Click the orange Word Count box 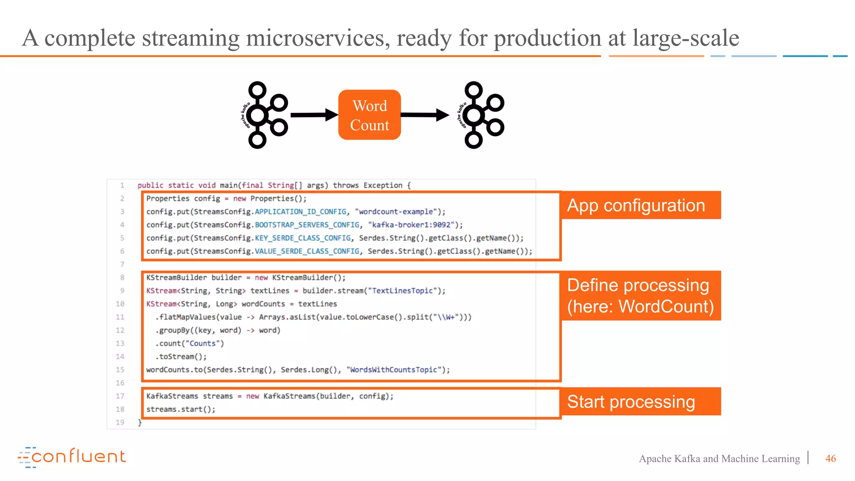(369, 115)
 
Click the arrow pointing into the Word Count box (314, 115)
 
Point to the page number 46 (830, 458)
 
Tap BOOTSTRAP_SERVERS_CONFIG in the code (307, 225)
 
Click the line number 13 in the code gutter (120, 343)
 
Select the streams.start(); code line (181, 409)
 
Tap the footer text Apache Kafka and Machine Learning (719, 458)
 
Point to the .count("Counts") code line (190, 343)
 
